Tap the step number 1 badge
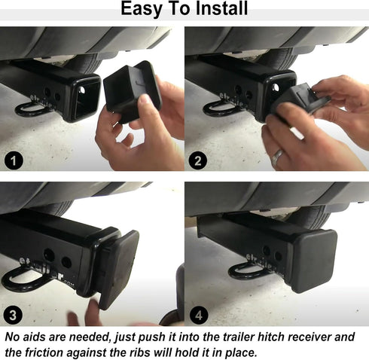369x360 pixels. pos(13,159)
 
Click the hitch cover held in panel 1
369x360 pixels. pos(133,90)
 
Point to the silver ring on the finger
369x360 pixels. pos(278,157)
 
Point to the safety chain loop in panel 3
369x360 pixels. pos(23,281)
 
